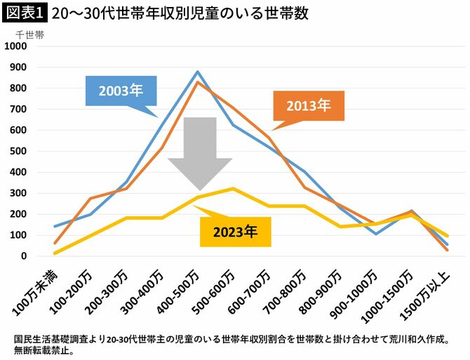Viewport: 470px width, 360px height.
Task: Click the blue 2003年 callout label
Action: pos(121,91)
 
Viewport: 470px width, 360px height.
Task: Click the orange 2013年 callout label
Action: pos(308,106)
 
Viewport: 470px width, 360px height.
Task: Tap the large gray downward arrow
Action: pos(199,154)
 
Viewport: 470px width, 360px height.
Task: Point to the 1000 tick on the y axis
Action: pos(15,46)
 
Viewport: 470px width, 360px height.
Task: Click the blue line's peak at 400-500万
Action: pos(198,72)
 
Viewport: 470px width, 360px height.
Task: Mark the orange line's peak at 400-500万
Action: pos(198,82)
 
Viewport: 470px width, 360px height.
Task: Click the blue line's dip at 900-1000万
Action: pos(376,234)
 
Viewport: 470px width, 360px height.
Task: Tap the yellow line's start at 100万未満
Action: pos(55,253)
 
